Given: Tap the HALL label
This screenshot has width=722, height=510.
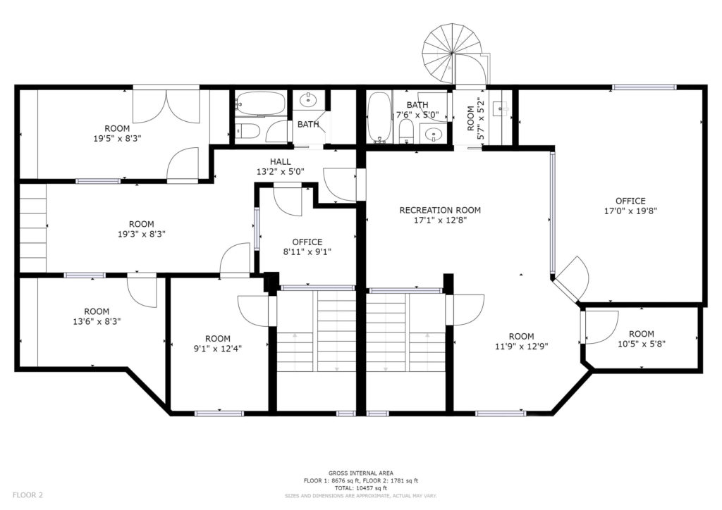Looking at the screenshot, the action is (x=281, y=161).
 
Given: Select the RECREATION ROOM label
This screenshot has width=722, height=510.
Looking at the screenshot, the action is (x=440, y=210).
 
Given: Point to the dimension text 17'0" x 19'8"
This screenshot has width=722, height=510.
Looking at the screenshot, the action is (x=630, y=211).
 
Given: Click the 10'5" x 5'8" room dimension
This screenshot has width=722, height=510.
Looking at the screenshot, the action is (x=642, y=344).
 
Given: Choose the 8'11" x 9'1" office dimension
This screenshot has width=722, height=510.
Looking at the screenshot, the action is (x=307, y=251).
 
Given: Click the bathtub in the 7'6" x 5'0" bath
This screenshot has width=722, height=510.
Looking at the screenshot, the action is (x=379, y=118).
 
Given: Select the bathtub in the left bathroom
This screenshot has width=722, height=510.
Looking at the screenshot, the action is (x=260, y=104).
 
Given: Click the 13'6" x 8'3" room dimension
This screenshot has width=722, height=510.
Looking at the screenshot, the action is (x=97, y=321).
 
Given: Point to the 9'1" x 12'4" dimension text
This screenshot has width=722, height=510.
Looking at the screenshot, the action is (x=218, y=349).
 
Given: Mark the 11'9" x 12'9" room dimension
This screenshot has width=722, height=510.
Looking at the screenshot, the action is (x=521, y=347).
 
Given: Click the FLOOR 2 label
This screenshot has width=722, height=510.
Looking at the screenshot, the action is (x=27, y=495).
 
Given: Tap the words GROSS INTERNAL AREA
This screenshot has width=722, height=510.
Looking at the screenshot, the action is (x=361, y=473).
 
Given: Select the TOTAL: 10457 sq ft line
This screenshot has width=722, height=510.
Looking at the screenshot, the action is (x=361, y=488).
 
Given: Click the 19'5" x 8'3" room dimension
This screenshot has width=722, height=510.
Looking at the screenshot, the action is (x=117, y=139).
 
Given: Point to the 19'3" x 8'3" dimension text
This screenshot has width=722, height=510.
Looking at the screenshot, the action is (x=141, y=234).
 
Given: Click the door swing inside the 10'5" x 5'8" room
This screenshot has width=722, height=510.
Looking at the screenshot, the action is (x=602, y=328).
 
